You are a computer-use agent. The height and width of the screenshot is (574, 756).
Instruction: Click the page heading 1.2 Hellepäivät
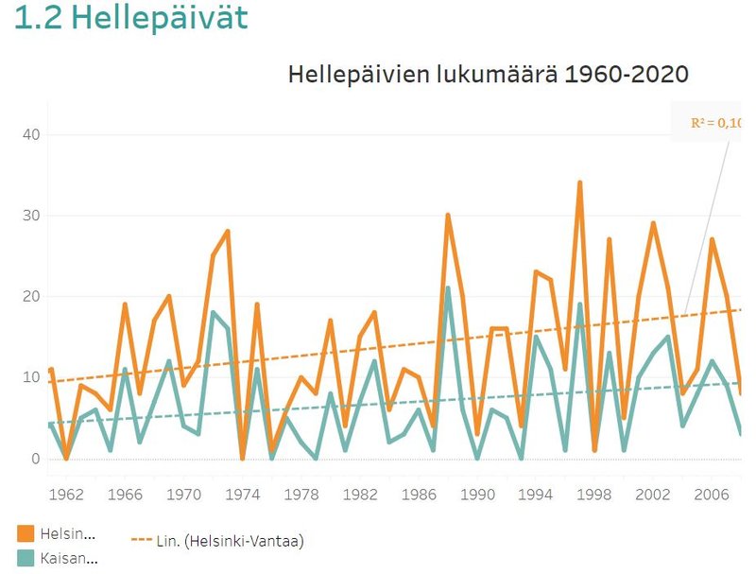[131, 20]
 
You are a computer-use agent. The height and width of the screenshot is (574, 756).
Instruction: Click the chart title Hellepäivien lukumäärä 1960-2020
[488, 75]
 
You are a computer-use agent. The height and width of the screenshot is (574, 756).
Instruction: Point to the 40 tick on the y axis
[31, 135]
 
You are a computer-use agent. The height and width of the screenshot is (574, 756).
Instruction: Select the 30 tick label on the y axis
[31, 216]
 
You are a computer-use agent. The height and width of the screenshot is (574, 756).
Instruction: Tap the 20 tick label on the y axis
[31, 297]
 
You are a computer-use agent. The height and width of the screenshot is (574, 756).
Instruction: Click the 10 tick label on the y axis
[31, 377]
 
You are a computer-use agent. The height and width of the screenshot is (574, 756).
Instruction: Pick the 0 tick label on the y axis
[36, 459]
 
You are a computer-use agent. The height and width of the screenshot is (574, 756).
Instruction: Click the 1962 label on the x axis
[66, 494]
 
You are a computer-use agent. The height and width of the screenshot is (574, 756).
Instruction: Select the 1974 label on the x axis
[243, 494]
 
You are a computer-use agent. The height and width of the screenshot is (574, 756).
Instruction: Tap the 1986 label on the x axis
[419, 494]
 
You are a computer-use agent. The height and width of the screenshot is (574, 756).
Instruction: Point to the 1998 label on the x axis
[594, 494]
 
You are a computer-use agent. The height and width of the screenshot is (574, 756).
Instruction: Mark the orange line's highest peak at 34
[579, 183]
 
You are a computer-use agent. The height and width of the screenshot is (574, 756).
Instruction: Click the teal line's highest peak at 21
[447, 287]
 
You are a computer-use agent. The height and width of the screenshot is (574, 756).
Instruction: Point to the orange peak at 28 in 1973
[228, 232]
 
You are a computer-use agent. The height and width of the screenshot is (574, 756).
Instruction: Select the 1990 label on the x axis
[477, 494]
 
